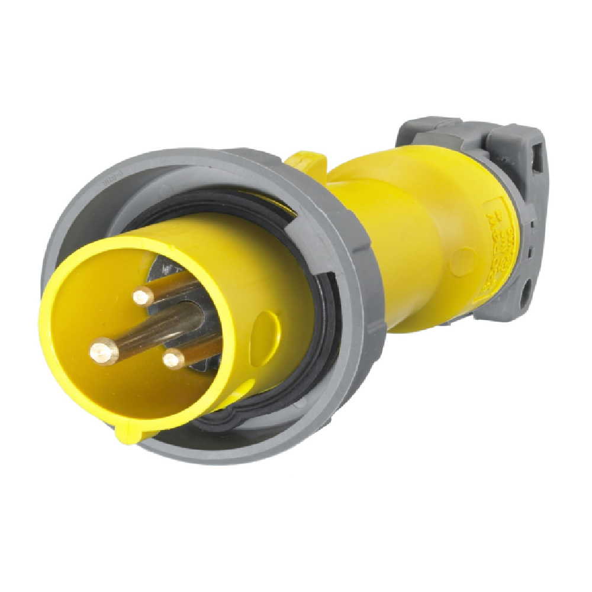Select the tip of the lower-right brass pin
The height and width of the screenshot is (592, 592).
(x=174, y=359)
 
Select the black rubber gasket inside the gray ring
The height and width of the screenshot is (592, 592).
(x=323, y=332)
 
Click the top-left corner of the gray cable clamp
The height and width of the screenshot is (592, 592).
(x=403, y=127)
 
